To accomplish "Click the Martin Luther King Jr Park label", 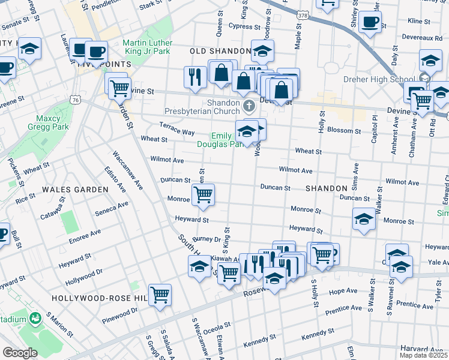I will pyautogui.click(x=147, y=47).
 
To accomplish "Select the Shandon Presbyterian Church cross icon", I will pyautogui.click(x=250, y=107).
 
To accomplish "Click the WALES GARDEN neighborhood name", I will pyautogui.click(x=75, y=189).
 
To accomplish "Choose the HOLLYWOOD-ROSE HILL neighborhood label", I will pyautogui.click(x=100, y=298).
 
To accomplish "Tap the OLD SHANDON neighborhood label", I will pyautogui.click(x=220, y=51).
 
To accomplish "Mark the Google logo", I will pyautogui.click(x=19, y=352).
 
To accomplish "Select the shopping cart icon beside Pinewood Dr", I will pyautogui.click(x=160, y=295).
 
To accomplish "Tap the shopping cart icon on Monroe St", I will pyautogui.click(x=203, y=194).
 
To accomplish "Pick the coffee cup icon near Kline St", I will pyautogui.click(x=370, y=22).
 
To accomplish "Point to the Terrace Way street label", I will pyautogui.click(x=176, y=128).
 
